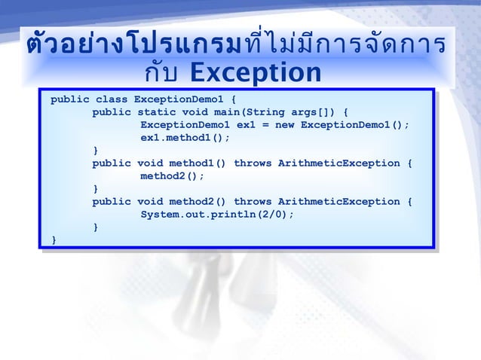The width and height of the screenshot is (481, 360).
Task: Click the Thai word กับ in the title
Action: [161, 73]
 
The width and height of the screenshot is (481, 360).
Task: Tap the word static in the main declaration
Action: [153, 112]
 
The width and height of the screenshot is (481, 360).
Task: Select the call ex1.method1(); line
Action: [185, 138]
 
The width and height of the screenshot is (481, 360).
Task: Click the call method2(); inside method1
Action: [172, 176]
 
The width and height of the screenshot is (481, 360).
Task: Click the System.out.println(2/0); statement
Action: [216, 215]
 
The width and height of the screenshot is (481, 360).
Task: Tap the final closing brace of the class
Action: [54, 239]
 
